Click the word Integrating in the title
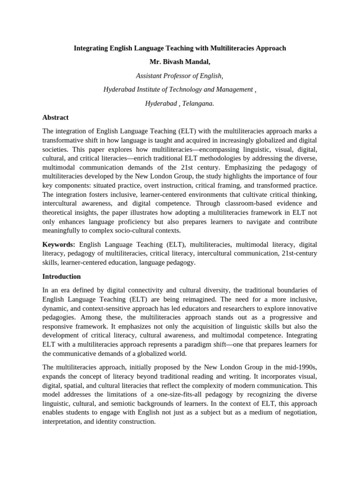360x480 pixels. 92,48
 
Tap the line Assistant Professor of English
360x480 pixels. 180,75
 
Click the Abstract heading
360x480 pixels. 55,117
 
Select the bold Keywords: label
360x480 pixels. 59,244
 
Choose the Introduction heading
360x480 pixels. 61,277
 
